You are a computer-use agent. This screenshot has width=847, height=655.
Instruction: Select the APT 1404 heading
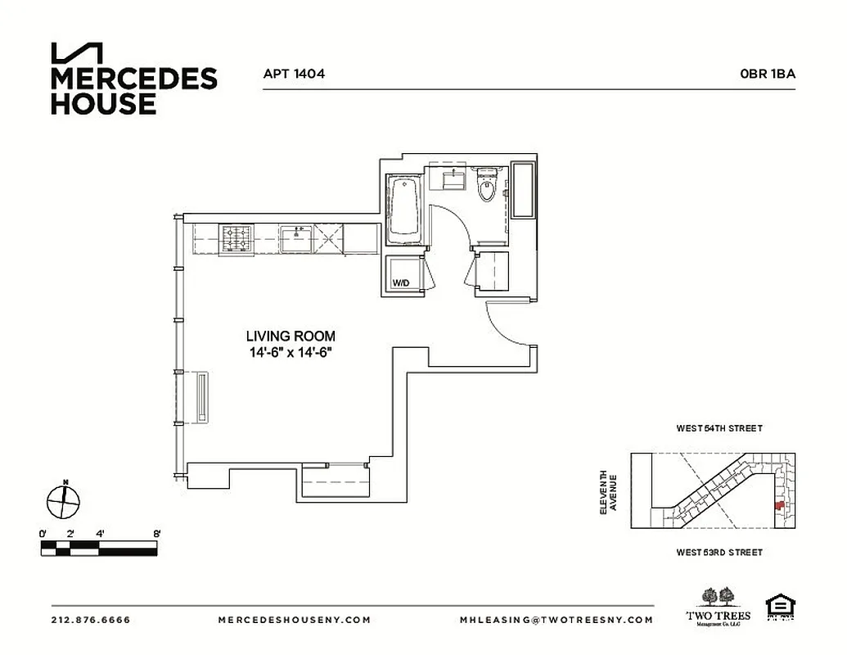294,74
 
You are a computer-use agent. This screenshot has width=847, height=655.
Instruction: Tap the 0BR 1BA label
767,74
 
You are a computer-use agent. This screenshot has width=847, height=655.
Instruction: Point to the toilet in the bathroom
487,187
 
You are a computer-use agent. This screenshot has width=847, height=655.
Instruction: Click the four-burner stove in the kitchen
238,240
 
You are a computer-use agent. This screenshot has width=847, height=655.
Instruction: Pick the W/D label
401,283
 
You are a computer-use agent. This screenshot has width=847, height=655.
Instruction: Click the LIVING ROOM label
291,336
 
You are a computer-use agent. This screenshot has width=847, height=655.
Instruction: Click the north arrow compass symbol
64,500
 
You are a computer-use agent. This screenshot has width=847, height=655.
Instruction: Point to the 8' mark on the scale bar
155,534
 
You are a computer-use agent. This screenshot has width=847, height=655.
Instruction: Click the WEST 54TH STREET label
719,428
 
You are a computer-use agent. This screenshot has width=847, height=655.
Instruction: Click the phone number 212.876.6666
91,620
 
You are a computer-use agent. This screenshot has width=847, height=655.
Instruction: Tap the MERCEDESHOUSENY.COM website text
295,620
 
